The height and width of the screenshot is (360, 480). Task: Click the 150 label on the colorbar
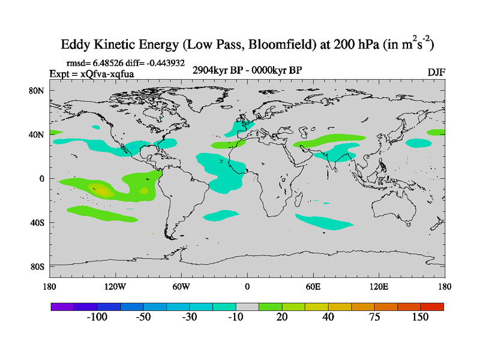pyautogui.click(x=420, y=317)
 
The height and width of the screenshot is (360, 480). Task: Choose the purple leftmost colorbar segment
pyautogui.click(x=62, y=306)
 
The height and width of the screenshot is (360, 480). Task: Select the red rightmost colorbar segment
pyautogui.click(x=432, y=306)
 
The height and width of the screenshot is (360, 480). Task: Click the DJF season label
pyautogui.click(x=436, y=72)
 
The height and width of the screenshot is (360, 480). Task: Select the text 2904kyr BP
pyautogui.click(x=214, y=70)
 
